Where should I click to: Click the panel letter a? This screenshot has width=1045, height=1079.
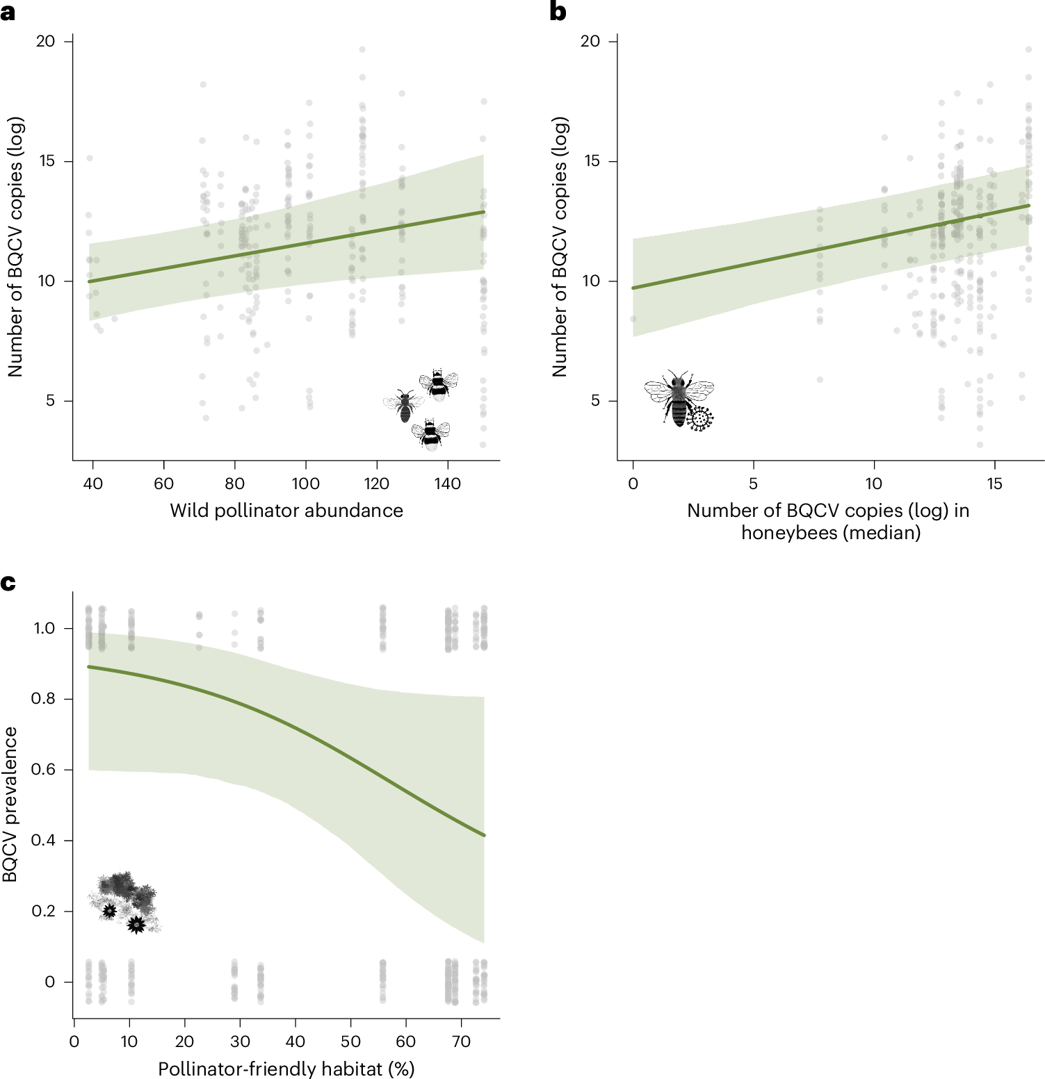8,13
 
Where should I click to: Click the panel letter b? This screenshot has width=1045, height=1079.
558,13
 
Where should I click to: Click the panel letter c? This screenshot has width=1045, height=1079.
8,582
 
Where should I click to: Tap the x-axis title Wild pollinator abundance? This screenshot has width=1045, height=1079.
286,511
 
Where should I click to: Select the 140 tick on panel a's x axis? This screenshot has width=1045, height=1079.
447,484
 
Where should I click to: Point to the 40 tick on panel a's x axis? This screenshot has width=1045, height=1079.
92,484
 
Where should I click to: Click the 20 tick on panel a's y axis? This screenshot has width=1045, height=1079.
45,42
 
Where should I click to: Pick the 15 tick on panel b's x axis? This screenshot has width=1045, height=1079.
994,484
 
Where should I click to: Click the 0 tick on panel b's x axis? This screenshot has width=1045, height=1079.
633,484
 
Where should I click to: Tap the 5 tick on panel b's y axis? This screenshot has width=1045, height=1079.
594,401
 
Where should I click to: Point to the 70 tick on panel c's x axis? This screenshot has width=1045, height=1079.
461,1042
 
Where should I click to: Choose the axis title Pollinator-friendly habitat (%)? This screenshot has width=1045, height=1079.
286,1069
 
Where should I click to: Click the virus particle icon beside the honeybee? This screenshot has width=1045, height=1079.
700,418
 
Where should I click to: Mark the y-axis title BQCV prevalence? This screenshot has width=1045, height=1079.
10,805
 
